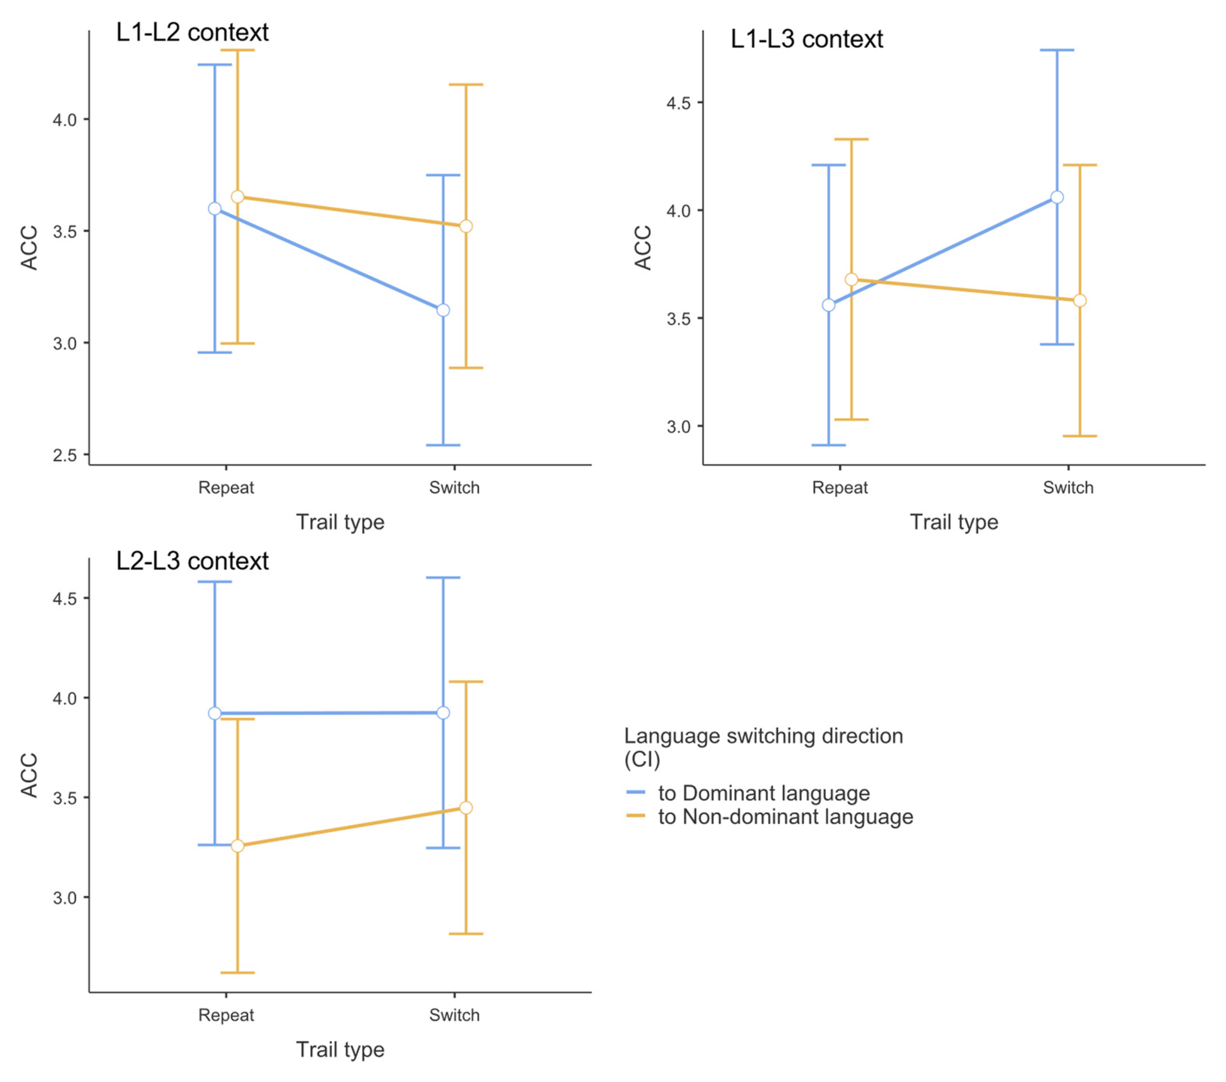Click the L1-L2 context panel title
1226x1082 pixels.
[x=192, y=32]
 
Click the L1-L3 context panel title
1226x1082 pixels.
[x=806, y=40]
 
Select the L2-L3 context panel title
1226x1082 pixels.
[x=192, y=561]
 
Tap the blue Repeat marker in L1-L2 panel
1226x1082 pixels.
[x=215, y=209]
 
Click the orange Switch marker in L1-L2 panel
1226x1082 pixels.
[x=466, y=226]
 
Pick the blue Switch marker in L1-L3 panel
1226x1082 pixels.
[x=1057, y=197]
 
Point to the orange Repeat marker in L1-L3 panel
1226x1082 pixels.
[x=851, y=280]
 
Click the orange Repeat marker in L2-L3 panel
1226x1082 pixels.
[x=238, y=845]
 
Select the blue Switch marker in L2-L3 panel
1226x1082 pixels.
[x=443, y=713]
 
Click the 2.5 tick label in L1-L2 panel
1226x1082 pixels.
[x=65, y=456]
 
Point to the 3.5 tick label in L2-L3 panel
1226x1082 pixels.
[x=65, y=798]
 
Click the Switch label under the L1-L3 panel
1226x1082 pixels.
[x=1068, y=488]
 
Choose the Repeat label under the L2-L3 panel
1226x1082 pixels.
[x=226, y=1015]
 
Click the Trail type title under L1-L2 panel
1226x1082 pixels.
[x=340, y=522]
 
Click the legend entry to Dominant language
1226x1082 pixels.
[x=763, y=793]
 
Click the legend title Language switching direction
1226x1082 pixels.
[x=763, y=736]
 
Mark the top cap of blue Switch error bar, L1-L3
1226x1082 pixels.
[x=1057, y=50]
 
